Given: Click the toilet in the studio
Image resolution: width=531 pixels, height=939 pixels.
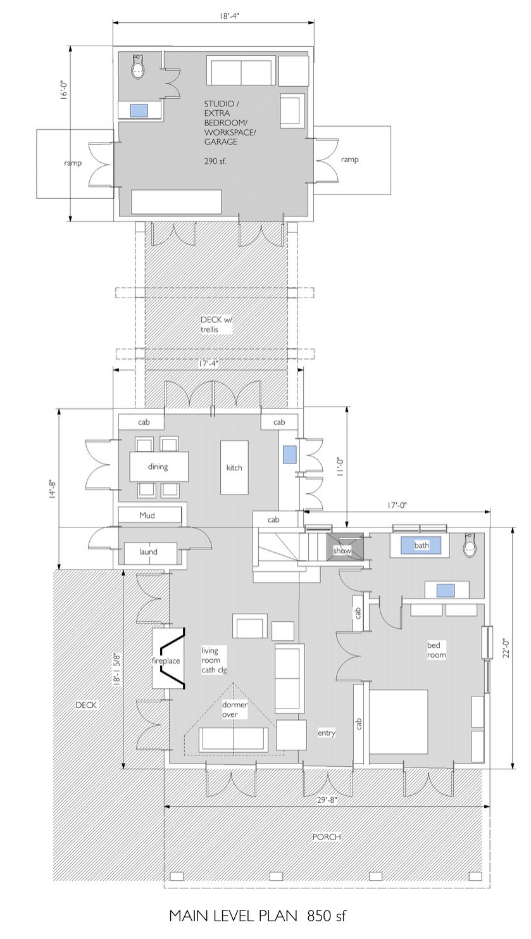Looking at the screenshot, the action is pyautogui.click(x=137, y=66).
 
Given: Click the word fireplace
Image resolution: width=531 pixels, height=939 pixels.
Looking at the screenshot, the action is pyautogui.click(x=166, y=660).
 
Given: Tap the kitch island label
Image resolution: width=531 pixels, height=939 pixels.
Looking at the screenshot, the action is pyautogui.click(x=234, y=467).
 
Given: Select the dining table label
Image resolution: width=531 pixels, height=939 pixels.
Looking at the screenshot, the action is pyautogui.click(x=158, y=467).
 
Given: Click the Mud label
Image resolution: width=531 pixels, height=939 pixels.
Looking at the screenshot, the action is pyautogui.click(x=147, y=515).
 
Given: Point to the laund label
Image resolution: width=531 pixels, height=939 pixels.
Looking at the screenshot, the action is pyautogui.click(x=148, y=551).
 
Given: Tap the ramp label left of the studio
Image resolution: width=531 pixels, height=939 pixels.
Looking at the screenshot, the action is pyautogui.click(x=73, y=163).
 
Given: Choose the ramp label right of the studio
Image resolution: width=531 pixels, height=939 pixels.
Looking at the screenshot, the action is pyautogui.click(x=349, y=160).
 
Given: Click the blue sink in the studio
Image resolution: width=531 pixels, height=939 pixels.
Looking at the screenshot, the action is pyautogui.click(x=139, y=111).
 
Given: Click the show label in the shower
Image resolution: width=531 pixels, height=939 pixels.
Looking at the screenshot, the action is pyautogui.click(x=342, y=550).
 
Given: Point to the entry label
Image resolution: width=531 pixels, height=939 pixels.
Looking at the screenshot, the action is pyautogui.click(x=327, y=733).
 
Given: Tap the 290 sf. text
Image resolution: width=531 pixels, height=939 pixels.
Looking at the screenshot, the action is pyautogui.click(x=215, y=161).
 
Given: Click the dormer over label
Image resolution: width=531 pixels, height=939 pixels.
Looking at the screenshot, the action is pyautogui.click(x=234, y=709).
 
